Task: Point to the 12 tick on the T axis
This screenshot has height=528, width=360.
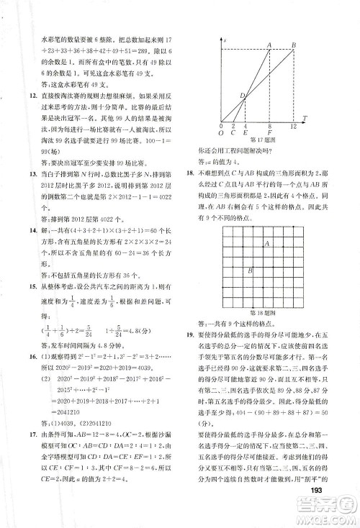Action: [x=293, y=126]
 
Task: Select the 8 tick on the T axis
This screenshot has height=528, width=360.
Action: [x=269, y=126]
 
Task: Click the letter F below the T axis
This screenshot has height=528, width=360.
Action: [x=269, y=134]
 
